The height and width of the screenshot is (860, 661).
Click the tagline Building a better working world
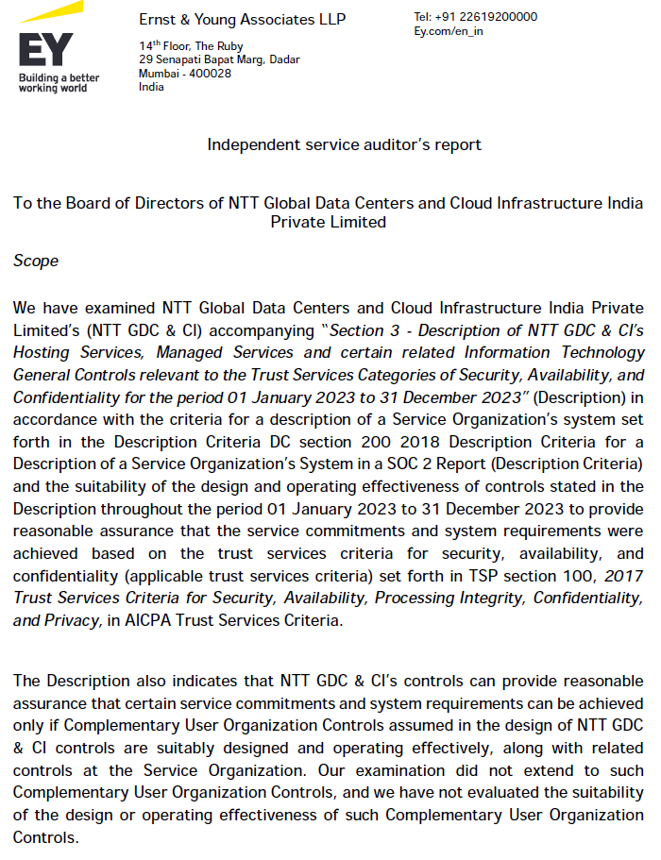pyautogui.click(x=58, y=82)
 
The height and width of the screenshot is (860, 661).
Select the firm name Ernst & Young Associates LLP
pyautogui.click(x=242, y=20)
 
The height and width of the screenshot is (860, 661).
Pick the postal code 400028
pyautogui.click(x=212, y=74)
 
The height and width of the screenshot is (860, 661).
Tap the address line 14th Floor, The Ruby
pyautogui.click(x=191, y=46)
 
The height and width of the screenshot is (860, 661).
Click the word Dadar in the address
pyautogui.click(x=284, y=59)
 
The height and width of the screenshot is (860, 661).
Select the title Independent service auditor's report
pyautogui.click(x=344, y=144)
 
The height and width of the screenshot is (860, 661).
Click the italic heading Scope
pyautogui.click(x=36, y=261)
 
